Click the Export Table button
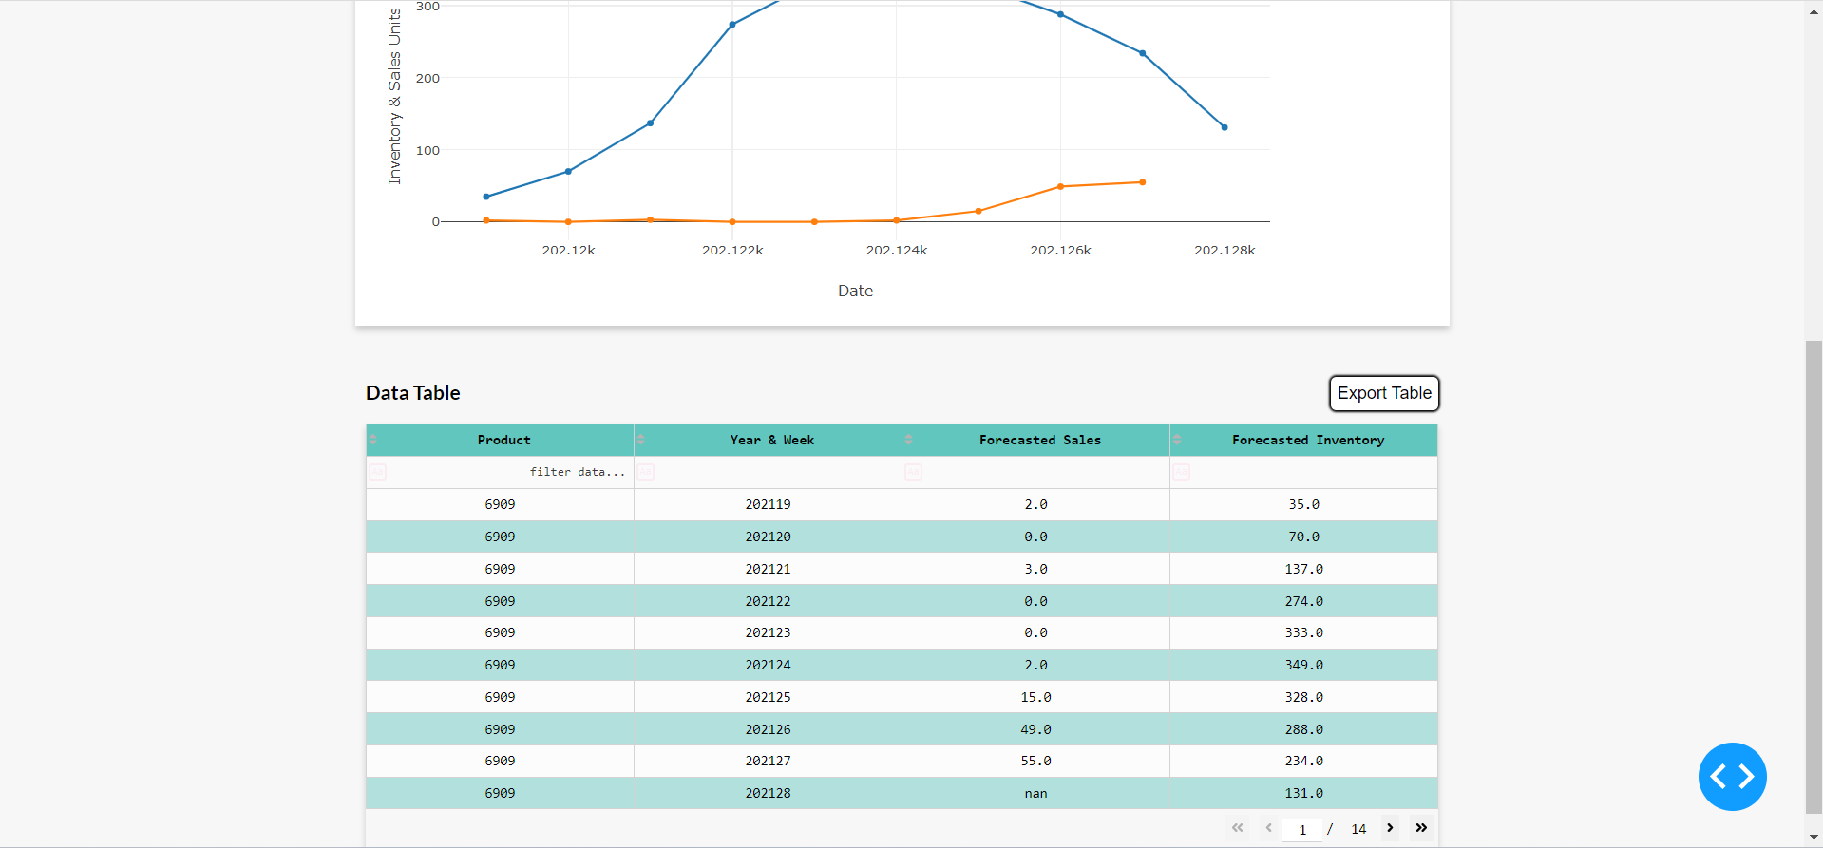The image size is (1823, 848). [1383, 393]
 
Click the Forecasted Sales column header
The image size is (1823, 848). [1039, 440]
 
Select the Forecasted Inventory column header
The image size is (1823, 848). [1307, 440]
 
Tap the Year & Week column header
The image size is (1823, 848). [771, 440]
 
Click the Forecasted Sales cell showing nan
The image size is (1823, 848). [1035, 793]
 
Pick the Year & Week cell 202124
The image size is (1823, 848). [768, 665]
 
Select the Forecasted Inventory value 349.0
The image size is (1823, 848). [1303, 665]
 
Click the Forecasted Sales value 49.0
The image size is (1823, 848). [1035, 729]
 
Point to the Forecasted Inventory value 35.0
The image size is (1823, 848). [1303, 504]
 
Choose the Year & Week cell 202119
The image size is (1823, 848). [768, 504]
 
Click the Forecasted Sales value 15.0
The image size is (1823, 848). [1035, 697]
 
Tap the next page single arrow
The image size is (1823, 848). [1390, 828]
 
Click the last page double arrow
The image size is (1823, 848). [1421, 828]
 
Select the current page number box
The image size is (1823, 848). [1302, 829]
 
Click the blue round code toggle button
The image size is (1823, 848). [1732, 777]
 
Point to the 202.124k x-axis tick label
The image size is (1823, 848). [896, 251]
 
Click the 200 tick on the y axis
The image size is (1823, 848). [427, 78]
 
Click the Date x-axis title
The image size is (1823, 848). [855, 291]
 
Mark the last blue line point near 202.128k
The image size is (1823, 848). [1225, 127]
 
